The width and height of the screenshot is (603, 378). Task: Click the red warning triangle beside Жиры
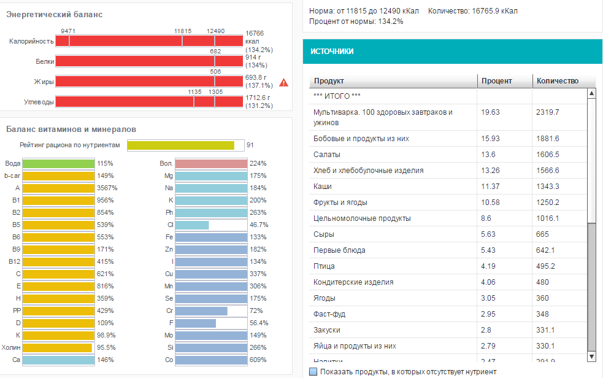click(283, 82)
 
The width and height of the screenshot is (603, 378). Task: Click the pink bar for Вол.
click(210, 164)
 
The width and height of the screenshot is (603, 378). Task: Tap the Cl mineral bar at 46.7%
click(192, 225)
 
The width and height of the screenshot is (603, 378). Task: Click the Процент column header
click(497, 81)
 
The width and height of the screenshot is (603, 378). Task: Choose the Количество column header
click(557, 81)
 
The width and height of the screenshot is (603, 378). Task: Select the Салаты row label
click(326, 155)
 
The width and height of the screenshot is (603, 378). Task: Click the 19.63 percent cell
click(491, 112)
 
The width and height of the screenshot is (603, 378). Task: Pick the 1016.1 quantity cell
click(547, 218)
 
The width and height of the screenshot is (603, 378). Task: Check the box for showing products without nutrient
click(313, 372)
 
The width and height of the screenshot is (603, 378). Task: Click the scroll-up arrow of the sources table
click(591, 94)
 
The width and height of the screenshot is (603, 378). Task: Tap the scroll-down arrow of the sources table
click(591, 356)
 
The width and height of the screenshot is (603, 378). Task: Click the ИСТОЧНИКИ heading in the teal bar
click(332, 52)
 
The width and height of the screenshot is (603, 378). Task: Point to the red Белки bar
click(149, 61)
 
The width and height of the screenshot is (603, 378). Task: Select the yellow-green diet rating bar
click(181, 145)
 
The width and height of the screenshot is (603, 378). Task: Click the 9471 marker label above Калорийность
click(68, 31)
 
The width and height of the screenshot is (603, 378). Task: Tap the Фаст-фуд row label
click(329, 314)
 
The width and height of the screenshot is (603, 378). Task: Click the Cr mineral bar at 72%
click(201, 311)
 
